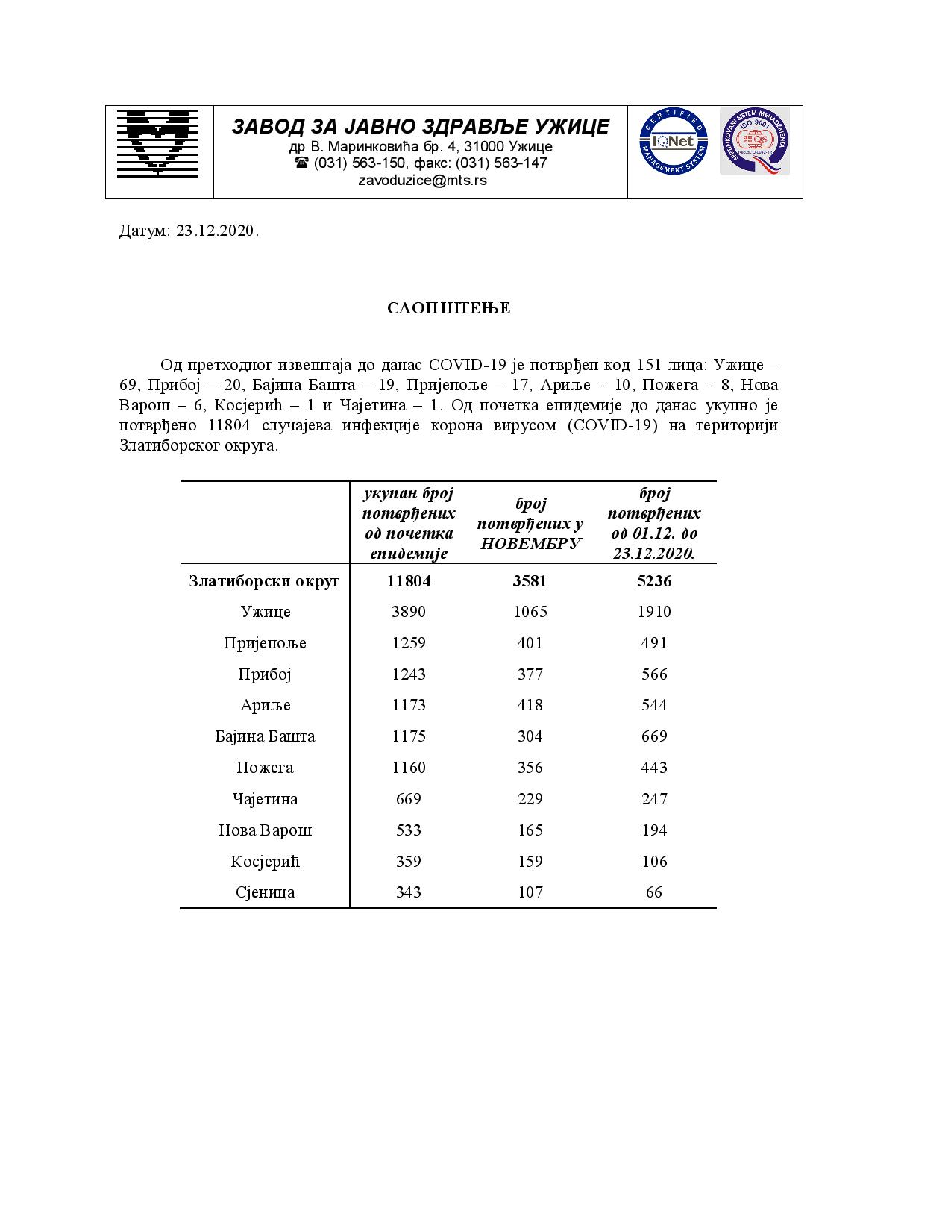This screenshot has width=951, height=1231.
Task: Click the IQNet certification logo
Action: click(673, 142)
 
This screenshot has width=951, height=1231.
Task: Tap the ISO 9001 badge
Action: click(754, 142)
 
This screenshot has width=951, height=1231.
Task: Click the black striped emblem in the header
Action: click(158, 142)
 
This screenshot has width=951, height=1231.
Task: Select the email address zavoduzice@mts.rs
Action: click(422, 180)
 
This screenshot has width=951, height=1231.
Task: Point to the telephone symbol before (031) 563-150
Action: click(301, 163)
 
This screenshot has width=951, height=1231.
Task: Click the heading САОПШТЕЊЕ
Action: click(449, 308)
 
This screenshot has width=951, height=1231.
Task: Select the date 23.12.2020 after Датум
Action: click(216, 231)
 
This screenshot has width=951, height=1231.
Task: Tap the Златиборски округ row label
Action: click(264, 580)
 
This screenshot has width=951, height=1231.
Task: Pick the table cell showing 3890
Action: click(409, 612)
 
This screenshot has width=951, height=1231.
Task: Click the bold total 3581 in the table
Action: click(530, 580)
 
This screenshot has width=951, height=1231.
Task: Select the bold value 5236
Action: click(654, 580)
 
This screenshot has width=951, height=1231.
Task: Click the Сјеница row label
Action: click(265, 892)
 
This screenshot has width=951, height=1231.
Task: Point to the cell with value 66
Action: click(654, 892)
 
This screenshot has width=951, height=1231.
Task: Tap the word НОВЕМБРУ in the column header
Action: click(530, 543)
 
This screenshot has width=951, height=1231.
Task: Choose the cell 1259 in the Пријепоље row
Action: click(409, 643)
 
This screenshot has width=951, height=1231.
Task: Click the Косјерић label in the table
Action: click(265, 862)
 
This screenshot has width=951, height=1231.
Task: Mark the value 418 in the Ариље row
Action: click(530, 705)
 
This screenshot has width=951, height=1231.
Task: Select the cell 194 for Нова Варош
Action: click(654, 830)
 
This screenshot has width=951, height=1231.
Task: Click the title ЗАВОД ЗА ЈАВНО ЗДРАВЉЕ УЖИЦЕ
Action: click(421, 126)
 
